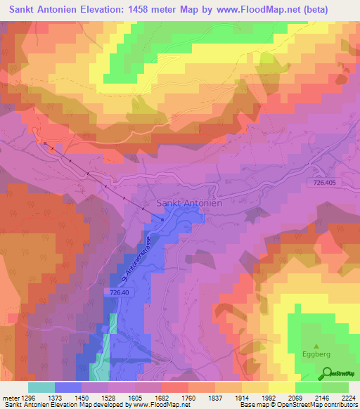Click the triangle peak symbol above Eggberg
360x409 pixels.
click(x=316, y=346)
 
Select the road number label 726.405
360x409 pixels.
click(x=326, y=183)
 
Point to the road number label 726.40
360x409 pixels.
click(x=121, y=291)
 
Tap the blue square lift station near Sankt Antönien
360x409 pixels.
click(x=162, y=219)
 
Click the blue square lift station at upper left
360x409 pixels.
click(x=46, y=144)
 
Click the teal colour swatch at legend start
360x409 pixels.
click(x=41, y=387)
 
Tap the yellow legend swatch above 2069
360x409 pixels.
click(x=281, y=387)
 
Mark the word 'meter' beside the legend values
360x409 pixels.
click(x=10, y=397)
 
